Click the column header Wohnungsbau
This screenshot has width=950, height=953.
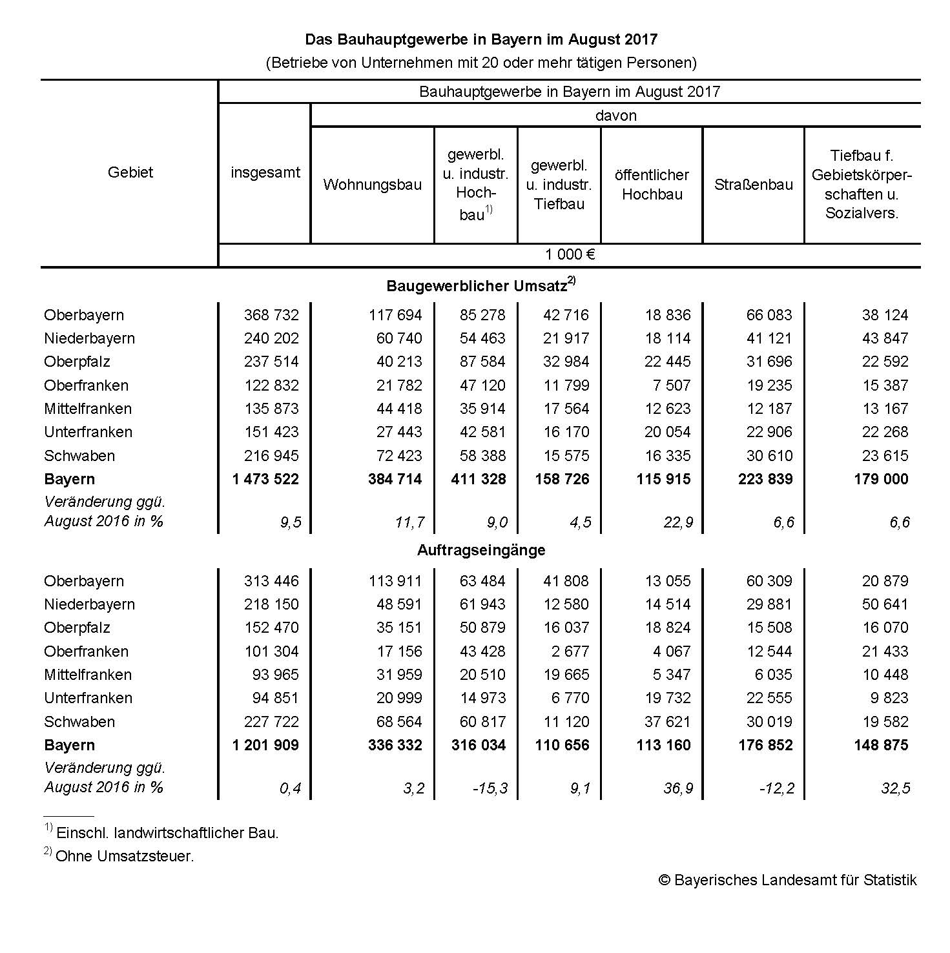pos(372,185)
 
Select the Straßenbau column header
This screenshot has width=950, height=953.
pos(753,185)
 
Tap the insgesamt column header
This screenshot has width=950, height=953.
pos(265,172)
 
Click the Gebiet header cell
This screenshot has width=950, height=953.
pos(130,172)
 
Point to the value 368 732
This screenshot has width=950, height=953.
pos(271,315)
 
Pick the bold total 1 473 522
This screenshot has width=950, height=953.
pos(265,479)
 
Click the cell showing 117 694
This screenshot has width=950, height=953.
pos(395,315)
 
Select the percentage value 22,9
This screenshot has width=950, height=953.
pos(678,522)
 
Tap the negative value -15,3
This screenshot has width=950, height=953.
pos(490,788)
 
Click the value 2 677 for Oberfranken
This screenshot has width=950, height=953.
pos(566,651)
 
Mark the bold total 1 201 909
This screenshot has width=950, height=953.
pos(265,745)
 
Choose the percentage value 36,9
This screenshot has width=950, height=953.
pos(678,788)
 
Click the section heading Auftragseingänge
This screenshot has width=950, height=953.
pos(481,550)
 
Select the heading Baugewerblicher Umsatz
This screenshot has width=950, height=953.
pos(477,286)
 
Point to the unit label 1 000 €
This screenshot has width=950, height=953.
pos(570,254)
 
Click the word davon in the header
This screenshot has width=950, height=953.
pos(615,116)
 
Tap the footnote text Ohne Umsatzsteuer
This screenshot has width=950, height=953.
pos(125,856)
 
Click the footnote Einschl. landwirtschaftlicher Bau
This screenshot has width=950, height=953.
pos(167,833)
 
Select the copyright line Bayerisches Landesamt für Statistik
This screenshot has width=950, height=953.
pos(787,880)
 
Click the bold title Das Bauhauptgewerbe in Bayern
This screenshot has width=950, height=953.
pos(481,39)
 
